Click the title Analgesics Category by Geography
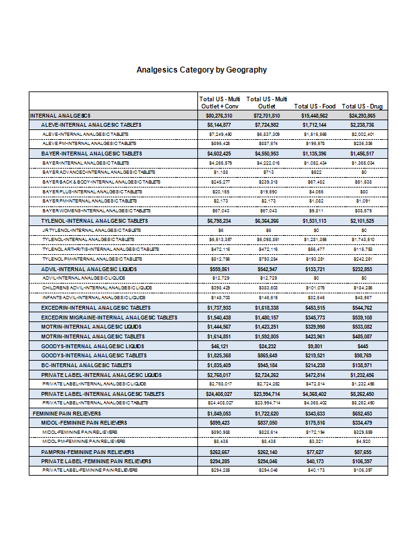(201, 70)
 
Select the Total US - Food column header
(314, 106)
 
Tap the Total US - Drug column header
(362, 106)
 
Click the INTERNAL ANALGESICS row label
(60, 115)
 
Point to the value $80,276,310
(219, 115)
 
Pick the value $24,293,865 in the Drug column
(362, 115)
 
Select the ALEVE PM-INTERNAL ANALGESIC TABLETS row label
(90, 142)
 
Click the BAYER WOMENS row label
(97, 210)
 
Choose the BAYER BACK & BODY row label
(101, 182)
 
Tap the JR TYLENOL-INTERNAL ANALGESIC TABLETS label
(92, 230)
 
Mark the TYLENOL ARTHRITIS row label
(101, 249)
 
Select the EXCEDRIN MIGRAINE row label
(109, 317)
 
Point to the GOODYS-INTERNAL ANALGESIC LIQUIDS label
(91, 346)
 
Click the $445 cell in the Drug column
(363, 346)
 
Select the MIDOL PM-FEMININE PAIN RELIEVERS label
(84, 442)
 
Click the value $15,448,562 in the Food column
(314, 115)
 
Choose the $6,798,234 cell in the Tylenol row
(219, 221)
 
